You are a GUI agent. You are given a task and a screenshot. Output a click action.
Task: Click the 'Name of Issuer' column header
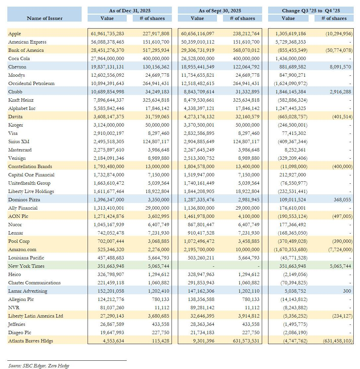click(44, 18)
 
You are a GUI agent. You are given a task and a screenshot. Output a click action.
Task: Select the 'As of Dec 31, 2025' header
click(130, 11)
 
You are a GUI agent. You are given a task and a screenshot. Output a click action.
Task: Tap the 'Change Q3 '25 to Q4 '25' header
click(311, 11)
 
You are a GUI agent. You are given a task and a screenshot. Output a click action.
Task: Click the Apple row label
click(15, 34)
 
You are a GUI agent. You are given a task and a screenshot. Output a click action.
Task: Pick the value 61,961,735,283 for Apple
click(108, 34)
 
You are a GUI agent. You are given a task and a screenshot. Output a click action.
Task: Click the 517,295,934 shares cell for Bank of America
click(154, 50)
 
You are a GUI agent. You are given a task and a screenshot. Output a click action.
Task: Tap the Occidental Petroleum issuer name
click(31, 83)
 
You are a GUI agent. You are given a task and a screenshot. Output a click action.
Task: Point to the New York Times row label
click(26, 266)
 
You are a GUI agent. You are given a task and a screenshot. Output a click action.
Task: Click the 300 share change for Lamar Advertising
click(348, 291)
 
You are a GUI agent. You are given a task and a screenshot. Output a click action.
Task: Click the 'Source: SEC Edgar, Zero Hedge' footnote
click(39, 366)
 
